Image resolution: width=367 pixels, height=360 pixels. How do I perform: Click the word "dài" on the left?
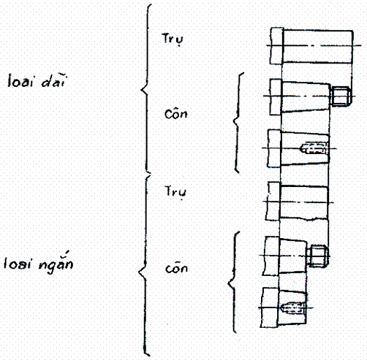coord(53,80)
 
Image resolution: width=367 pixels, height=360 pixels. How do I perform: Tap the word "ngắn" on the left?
coord(56,263)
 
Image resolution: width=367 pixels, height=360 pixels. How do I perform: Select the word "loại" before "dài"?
coord(20,81)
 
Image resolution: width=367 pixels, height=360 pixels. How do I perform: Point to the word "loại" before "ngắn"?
coord(18,263)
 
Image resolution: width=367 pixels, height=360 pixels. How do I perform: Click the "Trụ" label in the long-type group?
coord(173,39)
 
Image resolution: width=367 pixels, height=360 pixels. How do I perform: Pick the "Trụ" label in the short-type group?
coord(175,192)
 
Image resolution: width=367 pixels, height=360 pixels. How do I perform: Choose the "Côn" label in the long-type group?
coord(176,114)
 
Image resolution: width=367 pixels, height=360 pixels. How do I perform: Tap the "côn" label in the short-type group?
coord(176,268)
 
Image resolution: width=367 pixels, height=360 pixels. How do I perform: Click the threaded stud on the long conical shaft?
coord(341,96)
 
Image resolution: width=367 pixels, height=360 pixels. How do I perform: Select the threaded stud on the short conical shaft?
coord(318,256)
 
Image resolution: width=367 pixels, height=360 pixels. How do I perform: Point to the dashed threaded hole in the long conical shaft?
coord(314,148)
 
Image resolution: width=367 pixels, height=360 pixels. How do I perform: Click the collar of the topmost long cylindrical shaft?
coord(276,46)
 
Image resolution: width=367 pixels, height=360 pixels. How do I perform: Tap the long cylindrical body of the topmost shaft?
coord(318,47)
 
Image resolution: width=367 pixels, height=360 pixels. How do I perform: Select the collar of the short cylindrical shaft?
coord(273,202)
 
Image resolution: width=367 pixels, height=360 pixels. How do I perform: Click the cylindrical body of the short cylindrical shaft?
coord(303,202)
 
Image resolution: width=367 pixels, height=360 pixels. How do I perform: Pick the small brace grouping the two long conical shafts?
coord(236,122)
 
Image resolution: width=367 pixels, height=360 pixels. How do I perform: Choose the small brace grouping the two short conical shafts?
coord(233,283)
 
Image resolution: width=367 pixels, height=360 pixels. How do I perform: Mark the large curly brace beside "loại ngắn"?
coord(145,265)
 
